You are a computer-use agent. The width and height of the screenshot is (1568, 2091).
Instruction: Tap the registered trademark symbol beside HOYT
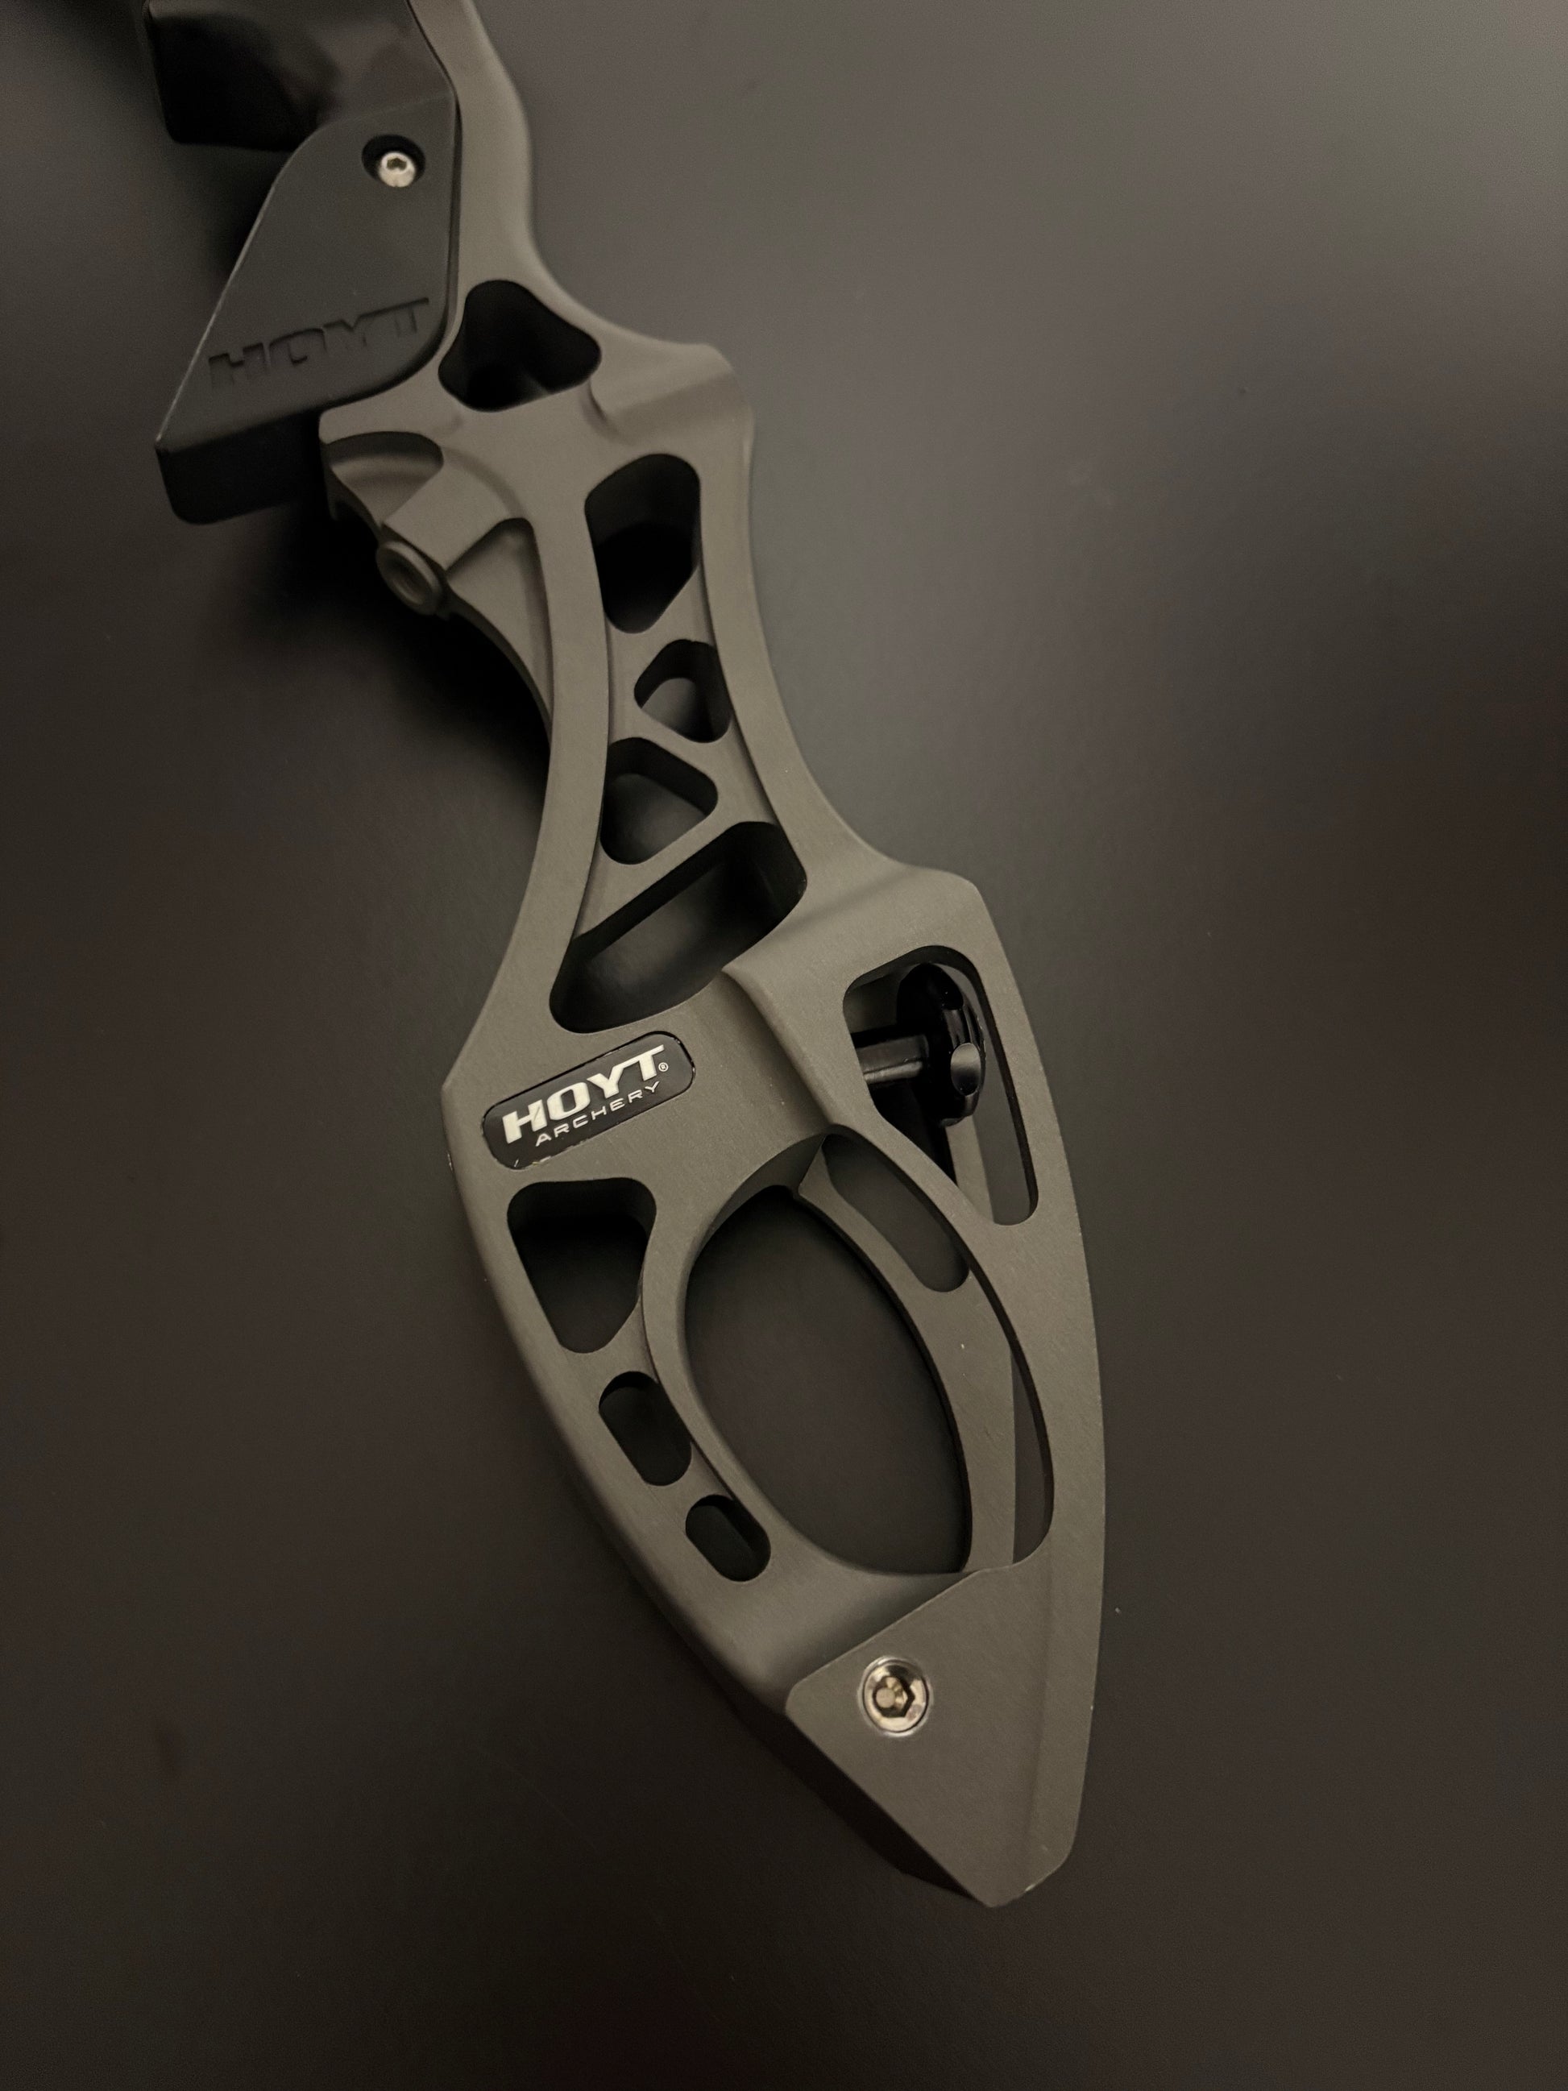pos(662,1065)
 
